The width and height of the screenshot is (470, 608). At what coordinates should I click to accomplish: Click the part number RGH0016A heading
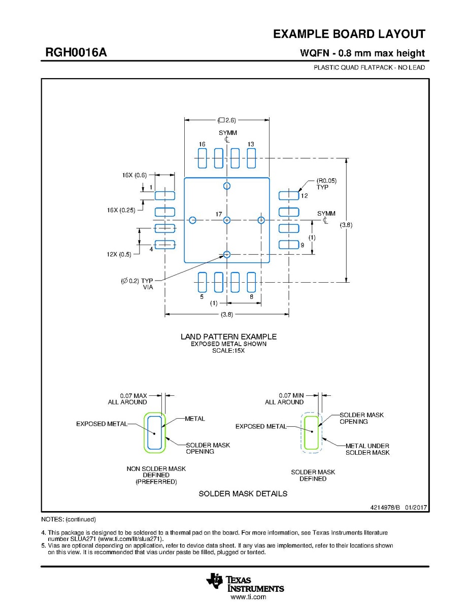click(76, 53)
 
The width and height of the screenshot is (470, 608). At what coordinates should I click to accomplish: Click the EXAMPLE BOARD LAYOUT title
click(349, 34)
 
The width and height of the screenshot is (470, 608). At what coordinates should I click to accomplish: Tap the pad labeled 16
click(202, 158)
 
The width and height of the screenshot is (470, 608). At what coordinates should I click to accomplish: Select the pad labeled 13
click(251, 158)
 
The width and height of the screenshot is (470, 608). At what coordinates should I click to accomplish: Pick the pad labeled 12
click(289, 195)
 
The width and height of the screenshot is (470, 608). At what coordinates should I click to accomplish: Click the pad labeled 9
click(289, 245)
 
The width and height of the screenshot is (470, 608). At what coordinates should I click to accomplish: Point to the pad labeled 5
click(202, 282)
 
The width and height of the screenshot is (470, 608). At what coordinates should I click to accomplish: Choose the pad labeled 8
click(251, 282)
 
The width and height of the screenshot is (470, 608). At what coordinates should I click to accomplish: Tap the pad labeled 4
click(164, 245)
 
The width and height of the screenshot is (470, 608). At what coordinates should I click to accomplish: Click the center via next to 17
click(227, 220)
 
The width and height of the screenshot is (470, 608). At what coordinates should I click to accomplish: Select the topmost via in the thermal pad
click(227, 185)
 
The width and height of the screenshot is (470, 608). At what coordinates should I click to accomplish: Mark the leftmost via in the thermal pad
click(192, 220)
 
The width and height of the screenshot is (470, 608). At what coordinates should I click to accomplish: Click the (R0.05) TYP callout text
click(326, 184)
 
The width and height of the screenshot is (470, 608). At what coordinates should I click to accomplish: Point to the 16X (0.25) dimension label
click(121, 210)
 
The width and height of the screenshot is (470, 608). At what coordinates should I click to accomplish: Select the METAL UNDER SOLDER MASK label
click(367, 449)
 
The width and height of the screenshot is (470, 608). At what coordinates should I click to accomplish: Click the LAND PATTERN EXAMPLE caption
click(228, 336)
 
